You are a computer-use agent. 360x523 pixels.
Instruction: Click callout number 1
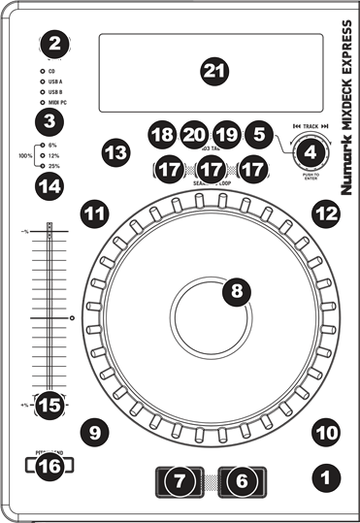click(327, 476)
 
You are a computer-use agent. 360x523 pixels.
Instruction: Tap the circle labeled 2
click(54, 43)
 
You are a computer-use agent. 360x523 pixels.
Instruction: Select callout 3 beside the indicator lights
click(49, 121)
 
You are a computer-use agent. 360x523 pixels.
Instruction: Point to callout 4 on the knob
click(311, 150)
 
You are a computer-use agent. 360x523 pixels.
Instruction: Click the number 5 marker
click(258, 133)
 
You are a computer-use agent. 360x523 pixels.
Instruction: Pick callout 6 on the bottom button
click(243, 479)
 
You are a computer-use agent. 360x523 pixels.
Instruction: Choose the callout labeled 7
click(178, 479)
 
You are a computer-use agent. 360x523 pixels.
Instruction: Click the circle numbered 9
click(94, 430)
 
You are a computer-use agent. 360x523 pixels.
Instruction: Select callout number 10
click(327, 430)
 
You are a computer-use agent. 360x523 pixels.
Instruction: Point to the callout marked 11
click(94, 212)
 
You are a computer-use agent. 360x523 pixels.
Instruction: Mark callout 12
click(327, 212)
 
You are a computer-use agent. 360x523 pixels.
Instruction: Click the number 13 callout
click(115, 152)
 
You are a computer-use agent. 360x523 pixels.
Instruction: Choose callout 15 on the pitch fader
click(49, 404)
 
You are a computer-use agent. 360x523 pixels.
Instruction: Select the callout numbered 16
click(49, 467)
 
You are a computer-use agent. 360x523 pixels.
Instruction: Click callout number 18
click(163, 133)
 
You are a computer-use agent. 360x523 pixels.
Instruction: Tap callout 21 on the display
click(212, 70)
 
